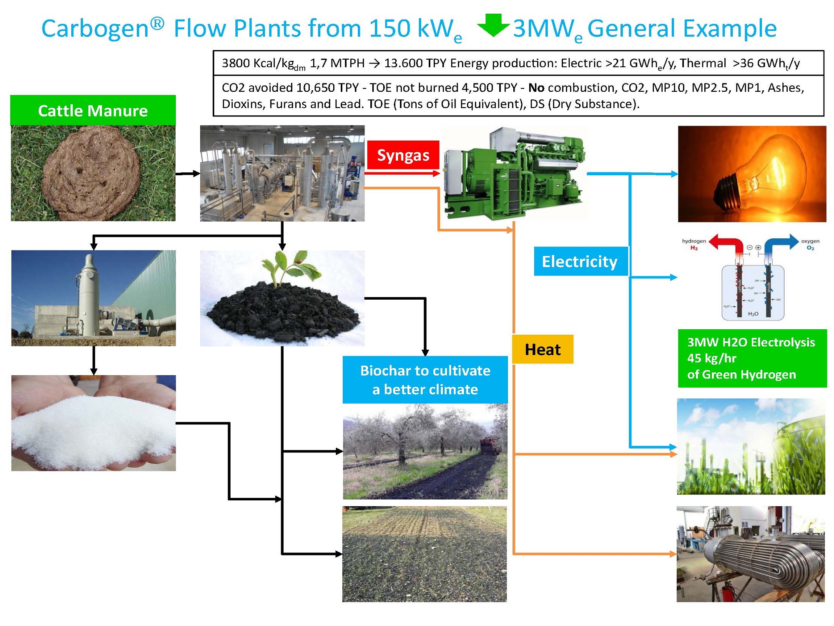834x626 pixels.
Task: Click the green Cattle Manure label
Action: (x=93, y=111)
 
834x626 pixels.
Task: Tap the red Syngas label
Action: (x=403, y=155)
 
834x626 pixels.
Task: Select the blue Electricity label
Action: (x=580, y=262)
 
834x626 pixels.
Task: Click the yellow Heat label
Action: (x=543, y=349)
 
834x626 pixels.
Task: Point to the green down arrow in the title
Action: (x=493, y=25)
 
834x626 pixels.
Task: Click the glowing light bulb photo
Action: (x=751, y=174)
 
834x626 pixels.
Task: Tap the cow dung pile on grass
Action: (x=92, y=173)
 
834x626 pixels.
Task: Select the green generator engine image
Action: (x=515, y=173)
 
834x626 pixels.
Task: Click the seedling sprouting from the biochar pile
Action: (x=288, y=267)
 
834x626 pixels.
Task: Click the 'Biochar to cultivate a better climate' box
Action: (x=425, y=380)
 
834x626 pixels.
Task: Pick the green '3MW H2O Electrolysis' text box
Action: (x=752, y=358)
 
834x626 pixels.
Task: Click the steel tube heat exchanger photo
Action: (x=751, y=554)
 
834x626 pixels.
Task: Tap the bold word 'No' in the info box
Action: (x=536, y=88)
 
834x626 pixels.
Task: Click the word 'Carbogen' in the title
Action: (x=95, y=28)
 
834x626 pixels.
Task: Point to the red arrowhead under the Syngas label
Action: (x=436, y=173)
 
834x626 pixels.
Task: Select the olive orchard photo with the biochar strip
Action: (x=425, y=452)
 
